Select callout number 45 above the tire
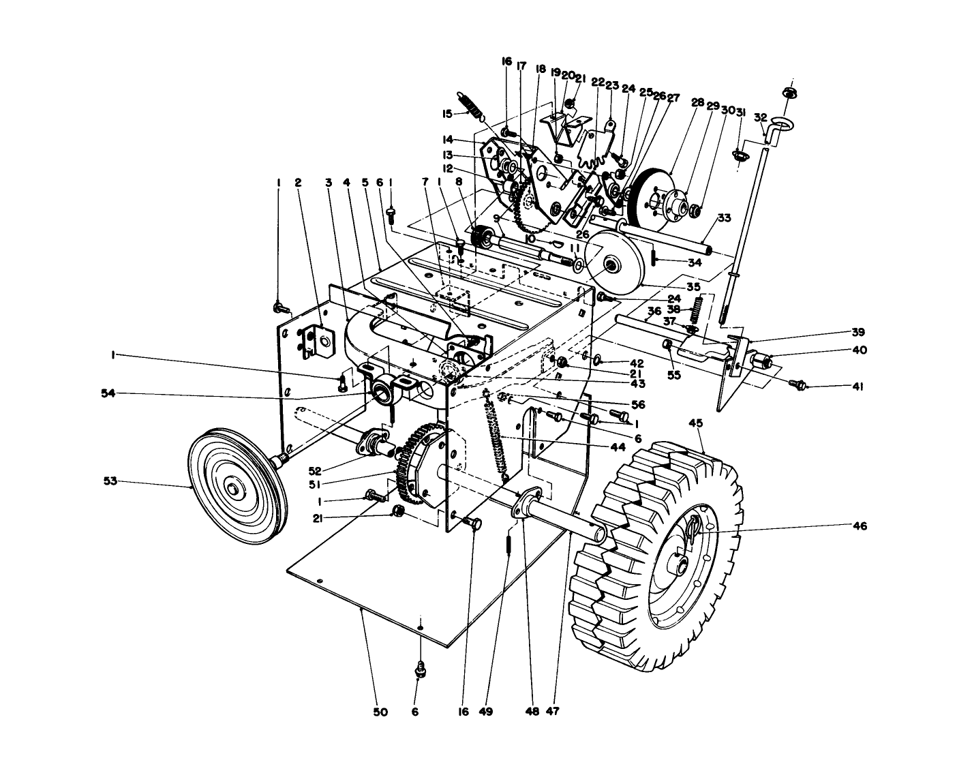(x=696, y=423)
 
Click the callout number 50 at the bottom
(x=380, y=712)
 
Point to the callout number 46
(x=861, y=526)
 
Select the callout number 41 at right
(x=857, y=386)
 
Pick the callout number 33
(x=724, y=218)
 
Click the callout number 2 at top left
(x=298, y=182)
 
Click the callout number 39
(x=857, y=333)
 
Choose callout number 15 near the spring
(x=447, y=113)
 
